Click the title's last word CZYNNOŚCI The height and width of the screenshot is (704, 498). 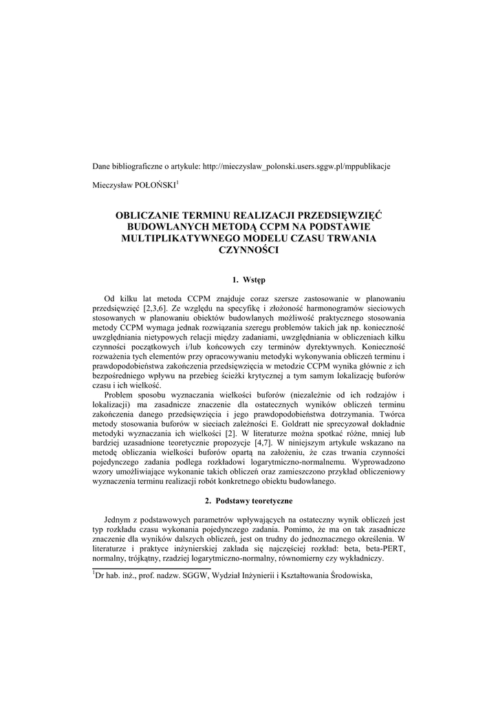(x=248, y=249)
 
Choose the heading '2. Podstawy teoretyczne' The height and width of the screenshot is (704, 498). (x=249, y=500)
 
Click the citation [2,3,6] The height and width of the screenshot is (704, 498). (x=158, y=309)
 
